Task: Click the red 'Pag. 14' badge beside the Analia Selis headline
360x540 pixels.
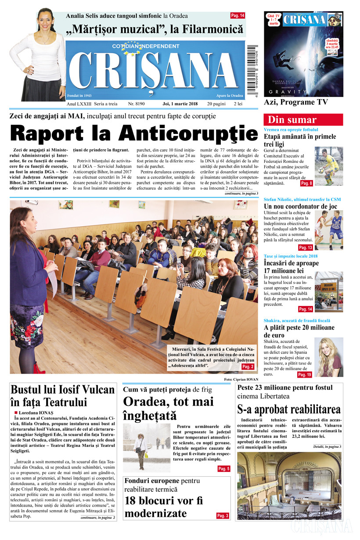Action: click(x=238, y=16)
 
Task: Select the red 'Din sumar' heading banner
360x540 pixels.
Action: click(x=303, y=119)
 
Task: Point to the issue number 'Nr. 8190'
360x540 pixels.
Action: click(x=137, y=104)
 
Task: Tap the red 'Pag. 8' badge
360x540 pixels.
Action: click(x=306, y=183)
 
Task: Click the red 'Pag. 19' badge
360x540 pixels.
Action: click(x=304, y=374)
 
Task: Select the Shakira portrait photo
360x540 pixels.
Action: click(x=329, y=357)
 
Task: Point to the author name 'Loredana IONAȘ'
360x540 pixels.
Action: click(x=37, y=413)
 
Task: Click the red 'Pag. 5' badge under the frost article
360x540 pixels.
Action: click(x=223, y=469)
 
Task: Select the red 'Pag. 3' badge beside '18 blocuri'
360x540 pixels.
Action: click(x=223, y=515)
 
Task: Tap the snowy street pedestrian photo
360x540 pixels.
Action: click(x=146, y=447)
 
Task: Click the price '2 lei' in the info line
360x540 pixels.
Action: click(x=238, y=104)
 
